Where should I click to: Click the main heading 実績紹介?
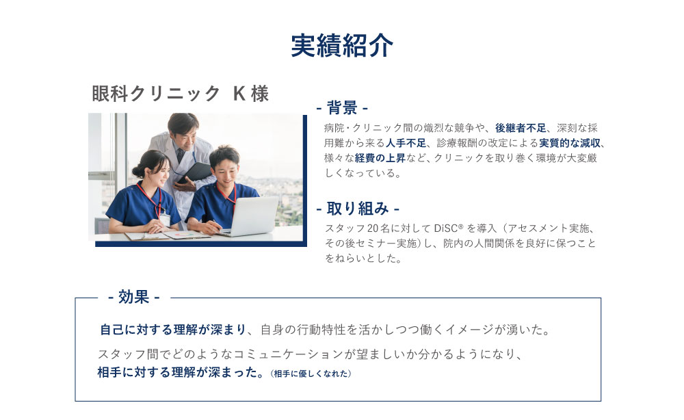342,46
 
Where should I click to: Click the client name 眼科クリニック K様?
180,94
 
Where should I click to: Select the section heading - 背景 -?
342,108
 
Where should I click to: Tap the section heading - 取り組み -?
358,208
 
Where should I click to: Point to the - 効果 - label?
133,297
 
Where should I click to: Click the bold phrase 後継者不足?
522,128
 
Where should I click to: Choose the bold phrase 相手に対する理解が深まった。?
181,373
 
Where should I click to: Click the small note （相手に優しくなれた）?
311,373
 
